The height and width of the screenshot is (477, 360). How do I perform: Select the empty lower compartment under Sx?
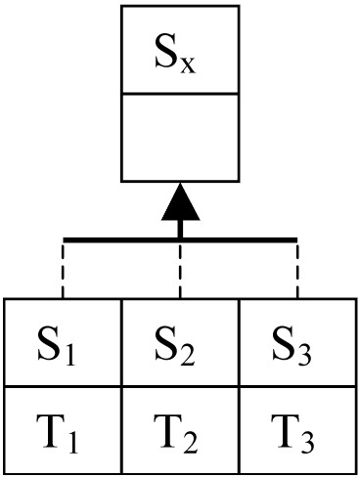180,137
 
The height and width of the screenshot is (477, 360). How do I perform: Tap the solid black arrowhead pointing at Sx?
180,202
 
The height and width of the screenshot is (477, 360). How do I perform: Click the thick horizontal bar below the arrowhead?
180,240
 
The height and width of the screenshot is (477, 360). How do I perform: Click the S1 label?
56,346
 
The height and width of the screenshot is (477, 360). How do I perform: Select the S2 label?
174,346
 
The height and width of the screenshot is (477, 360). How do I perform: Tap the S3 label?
292,346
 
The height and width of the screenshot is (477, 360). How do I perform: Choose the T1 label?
57,433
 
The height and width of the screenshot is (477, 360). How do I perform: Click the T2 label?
175,433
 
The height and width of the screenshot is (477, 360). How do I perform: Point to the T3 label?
292,433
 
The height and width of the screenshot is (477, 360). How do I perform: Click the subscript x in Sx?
188,65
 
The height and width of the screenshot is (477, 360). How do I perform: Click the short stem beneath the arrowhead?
180,229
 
